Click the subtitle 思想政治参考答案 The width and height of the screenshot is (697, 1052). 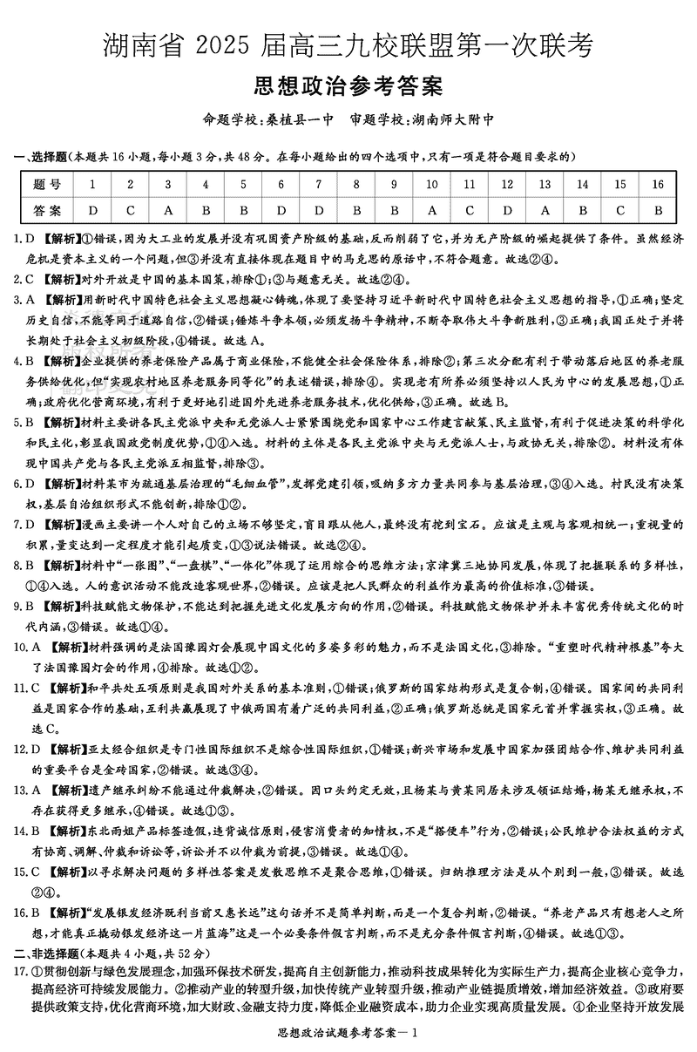click(348, 88)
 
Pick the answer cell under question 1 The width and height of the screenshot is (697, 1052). click(92, 210)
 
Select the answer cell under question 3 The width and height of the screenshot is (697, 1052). click(168, 210)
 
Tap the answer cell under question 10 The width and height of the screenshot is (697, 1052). click(432, 210)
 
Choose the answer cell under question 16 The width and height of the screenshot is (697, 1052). click(659, 210)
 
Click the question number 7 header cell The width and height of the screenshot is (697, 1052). click(319, 184)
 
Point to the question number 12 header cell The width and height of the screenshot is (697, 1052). click(507, 184)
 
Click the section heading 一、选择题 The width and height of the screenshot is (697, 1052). click(39, 157)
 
